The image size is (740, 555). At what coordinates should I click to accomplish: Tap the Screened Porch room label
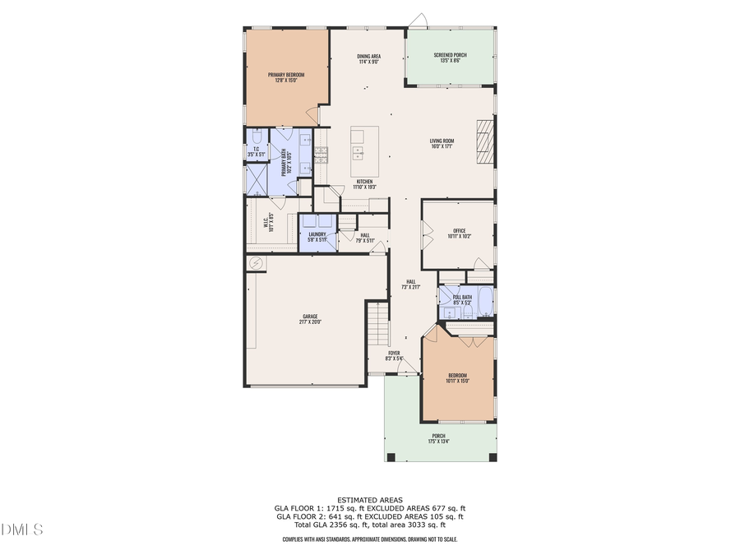click(451, 58)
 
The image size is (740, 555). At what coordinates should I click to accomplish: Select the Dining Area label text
click(368, 58)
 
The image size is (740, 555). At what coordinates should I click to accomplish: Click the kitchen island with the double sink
click(364, 151)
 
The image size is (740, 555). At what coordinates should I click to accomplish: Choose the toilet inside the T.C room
click(256, 136)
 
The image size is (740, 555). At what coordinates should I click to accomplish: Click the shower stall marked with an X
click(257, 178)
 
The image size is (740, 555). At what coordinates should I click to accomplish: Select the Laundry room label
click(317, 237)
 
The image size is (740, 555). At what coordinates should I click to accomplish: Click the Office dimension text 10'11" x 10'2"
click(459, 236)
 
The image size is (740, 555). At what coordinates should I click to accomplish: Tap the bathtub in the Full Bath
click(485, 302)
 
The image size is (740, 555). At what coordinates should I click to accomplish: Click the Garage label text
click(309, 318)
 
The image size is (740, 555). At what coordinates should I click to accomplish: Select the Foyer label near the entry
click(394, 355)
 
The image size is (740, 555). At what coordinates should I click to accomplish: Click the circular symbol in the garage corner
click(256, 263)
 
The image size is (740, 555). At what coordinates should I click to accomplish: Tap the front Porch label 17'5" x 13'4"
click(439, 438)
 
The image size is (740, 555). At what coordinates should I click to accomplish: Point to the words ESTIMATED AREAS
click(369, 500)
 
